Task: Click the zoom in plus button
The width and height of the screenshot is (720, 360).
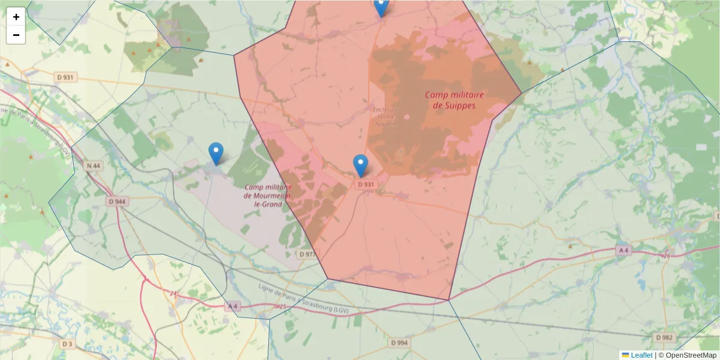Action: coord(16,17)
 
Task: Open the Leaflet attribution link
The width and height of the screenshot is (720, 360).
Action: coord(641,355)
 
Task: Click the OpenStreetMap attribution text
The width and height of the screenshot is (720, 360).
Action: coord(691,355)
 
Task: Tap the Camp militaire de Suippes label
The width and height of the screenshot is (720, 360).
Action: coord(454,100)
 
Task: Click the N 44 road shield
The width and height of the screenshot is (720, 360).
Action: coord(93,166)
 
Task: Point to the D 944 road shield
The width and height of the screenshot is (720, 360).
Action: coord(117,202)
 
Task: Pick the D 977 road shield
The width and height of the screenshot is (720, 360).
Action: coord(307,254)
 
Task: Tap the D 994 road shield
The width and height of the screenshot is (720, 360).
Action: coord(398,343)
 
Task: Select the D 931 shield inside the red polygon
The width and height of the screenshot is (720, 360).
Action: coord(365,184)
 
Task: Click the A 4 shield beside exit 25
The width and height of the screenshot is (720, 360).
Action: coord(233,306)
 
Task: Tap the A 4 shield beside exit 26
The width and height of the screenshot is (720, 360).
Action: coord(623,250)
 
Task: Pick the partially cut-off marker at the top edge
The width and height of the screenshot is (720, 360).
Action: coord(381,6)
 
